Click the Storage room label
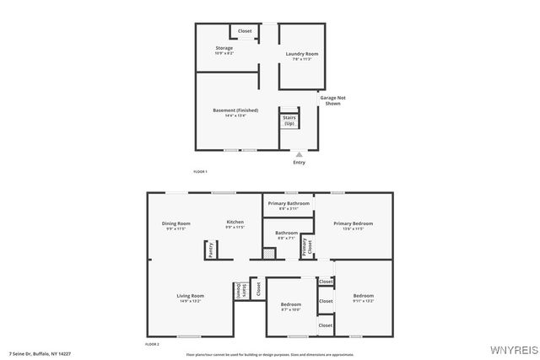pyautogui.click(x=224, y=48)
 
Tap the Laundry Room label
pyautogui.click(x=301, y=54)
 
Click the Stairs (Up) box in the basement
pyautogui.click(x=289, y=121)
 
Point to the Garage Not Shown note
pyautogui.click(x=332, y=100)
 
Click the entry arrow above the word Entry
pyautogui.click(x=299, y=154)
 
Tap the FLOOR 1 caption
pyautogui.click(x=201, y=171)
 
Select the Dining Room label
pyautogui.click(x=176, y=223)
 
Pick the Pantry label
pyautogui.click(x=209, y=250)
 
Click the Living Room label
pyautogui.click(x=190, y=296)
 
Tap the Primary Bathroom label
pyautogui.click(x=289, y=204)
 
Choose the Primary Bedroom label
pyautogui.click(x=353, y=223)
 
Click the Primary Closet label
pyautogui.click(x=310, y=246)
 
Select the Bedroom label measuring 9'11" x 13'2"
pyautogui.click(x=363, y=296)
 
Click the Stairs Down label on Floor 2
pyautogui.click(x=241, y=289)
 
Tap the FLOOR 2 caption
pyautogui.click(x=152, y=344)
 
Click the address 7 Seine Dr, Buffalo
pyautogui.click(x=40, y=353)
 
